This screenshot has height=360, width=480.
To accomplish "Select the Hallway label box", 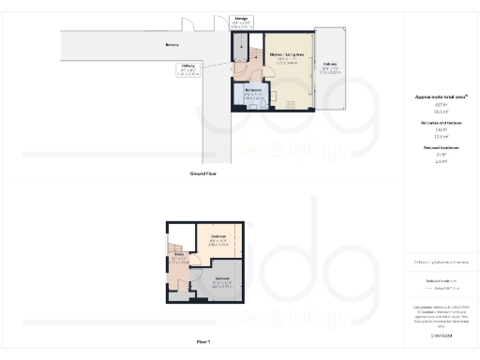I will [213, 68].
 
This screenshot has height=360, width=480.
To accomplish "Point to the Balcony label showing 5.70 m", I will [330, 67].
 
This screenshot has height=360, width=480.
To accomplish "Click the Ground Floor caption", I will [203, 173].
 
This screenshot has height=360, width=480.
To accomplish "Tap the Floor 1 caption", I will [203, 341].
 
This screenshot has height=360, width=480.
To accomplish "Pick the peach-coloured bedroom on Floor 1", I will [219, 244].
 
